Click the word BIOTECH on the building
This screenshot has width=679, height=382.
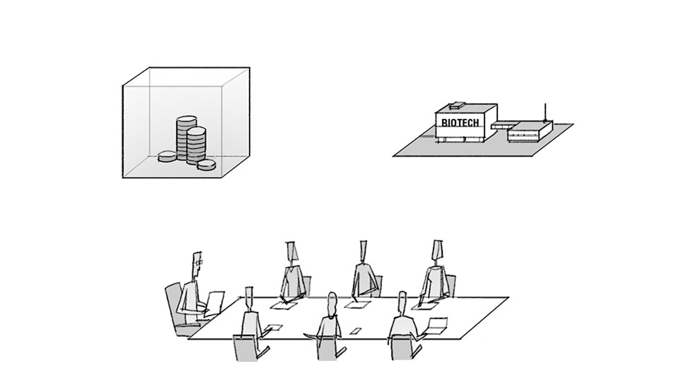tap(460, 123)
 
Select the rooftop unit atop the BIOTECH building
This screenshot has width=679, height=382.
tap(457, 106)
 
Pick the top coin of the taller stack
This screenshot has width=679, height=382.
tap(185, 120)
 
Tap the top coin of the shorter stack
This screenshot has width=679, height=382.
tap(196, 131)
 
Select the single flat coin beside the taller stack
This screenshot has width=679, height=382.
tap(167, 156)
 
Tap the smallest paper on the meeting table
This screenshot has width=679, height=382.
tap(354, 332)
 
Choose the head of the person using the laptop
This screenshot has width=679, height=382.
tap(402, 302)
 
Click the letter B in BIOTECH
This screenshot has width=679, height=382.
tap(445, 123)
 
